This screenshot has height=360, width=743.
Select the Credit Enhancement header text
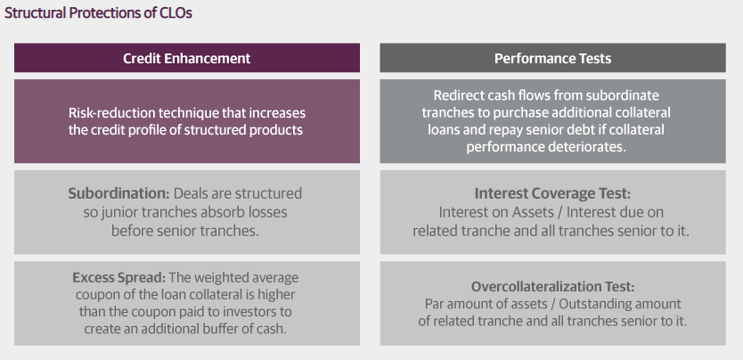pyautogui.click(x=187, y=58)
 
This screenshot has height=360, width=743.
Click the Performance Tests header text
pyautogui.click(x=552, y=58)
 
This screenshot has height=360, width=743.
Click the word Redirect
pyautogui.click(x=457, y=95)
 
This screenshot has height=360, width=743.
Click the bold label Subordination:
pyautogui.click(x=118, y=193)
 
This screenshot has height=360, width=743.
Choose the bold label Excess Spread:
pyautogui.click(x=119, y=278)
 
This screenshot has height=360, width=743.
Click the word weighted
pyautogui.click(x=225, y=278)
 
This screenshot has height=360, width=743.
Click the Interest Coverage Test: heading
pyautogui.click(x=552, y=193)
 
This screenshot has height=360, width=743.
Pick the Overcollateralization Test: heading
pyautogui.click(x=552, y=287)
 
